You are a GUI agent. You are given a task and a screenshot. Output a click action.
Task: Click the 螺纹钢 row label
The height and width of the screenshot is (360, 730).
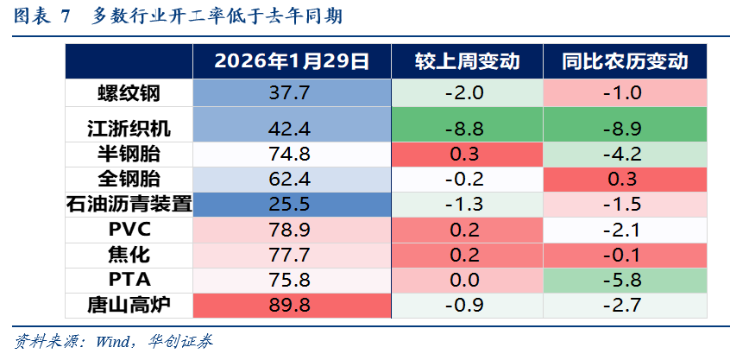click(129, 92)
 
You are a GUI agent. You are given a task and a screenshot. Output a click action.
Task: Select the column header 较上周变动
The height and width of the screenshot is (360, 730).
click(467, 61)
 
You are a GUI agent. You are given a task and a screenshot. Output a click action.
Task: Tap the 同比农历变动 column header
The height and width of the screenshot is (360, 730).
click(625, 61)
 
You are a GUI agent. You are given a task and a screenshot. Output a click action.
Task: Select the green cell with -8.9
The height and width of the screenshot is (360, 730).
click(625, 129)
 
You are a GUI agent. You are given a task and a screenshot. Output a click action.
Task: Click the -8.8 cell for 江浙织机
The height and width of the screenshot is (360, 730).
click(467, 129)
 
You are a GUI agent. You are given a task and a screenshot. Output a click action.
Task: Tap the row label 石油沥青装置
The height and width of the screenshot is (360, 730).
click(129, 205)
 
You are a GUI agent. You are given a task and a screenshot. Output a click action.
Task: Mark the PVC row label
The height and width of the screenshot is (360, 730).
click(129, 230)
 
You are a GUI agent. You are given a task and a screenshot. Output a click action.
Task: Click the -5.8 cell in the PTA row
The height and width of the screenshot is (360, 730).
click(625, 280)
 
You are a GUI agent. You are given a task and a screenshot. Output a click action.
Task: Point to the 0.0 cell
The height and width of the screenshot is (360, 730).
click(467, 280)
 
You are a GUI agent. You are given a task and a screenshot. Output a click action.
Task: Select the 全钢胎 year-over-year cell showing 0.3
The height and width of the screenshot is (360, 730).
click(625, 180)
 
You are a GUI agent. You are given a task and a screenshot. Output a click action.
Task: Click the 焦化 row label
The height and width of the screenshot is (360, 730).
click(129, 255)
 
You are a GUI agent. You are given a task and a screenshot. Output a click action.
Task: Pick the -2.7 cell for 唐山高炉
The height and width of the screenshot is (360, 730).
click(625, 305)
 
